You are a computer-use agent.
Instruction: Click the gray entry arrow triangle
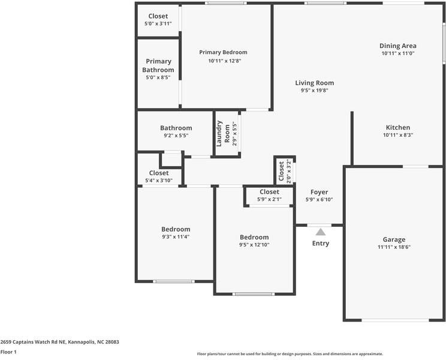point(321,232)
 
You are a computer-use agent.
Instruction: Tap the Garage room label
point(394,239)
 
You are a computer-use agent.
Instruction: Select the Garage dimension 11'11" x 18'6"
point(394,247)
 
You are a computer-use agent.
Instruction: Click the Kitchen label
point(398,127)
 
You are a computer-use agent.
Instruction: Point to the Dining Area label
point(398,46)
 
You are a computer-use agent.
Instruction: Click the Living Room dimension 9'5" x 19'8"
point(315,91)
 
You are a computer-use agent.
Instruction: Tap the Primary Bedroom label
point(223,52)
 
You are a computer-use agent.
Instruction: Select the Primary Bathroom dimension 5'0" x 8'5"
point(158,77)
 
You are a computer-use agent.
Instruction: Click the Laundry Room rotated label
point(223,133)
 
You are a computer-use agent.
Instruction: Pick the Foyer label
point(319,192)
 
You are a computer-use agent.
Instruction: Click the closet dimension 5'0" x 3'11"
point(158,23)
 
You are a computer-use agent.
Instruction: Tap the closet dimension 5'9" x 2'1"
point(269,199)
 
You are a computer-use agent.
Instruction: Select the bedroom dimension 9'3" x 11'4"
point(176,237)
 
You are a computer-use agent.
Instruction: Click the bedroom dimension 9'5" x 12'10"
point(254,245)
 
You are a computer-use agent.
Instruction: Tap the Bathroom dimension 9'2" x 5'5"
point(176,136)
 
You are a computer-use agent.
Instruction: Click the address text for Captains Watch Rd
point(60,342)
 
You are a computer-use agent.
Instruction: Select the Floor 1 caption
point(8,352)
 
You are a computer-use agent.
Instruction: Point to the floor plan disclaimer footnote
point(290,354)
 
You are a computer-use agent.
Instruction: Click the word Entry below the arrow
point(321,244)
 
